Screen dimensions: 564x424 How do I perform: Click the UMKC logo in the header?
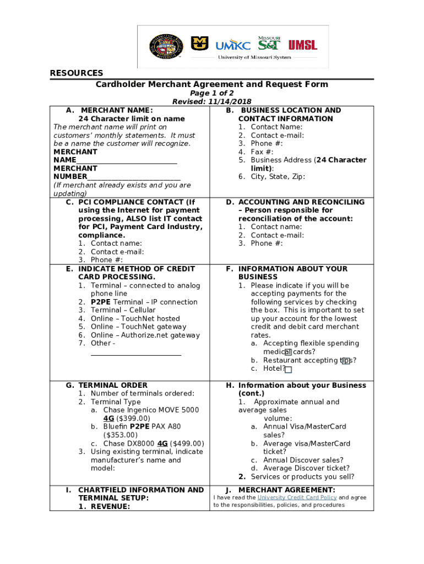tap(233, 45)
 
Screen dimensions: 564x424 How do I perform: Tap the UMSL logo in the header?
tap(303, 45)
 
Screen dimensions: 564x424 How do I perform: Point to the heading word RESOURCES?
tap(77, 73)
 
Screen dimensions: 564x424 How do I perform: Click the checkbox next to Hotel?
tap(289, 370)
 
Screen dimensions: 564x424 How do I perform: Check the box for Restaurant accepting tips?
tap(345, 361)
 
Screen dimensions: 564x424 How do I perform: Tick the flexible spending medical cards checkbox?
tap(288, 352)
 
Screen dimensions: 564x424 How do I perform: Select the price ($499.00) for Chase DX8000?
tap(187, 443)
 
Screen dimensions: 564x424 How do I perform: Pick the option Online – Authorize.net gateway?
tap(145, 335)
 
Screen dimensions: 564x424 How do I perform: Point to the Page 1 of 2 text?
tap(212, 94)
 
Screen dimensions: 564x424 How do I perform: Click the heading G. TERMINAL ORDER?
tap(107, 386)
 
